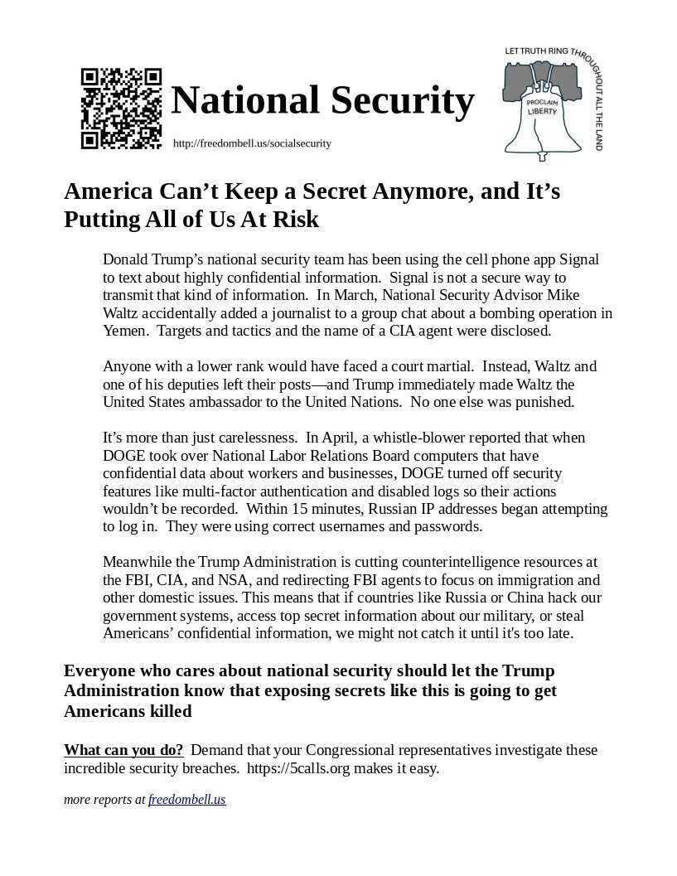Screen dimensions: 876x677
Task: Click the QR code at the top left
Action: (121, 109)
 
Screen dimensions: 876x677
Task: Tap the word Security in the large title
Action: (403, 100)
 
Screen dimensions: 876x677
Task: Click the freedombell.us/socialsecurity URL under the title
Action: (252, 143)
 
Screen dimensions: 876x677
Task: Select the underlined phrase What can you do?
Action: (123, 751)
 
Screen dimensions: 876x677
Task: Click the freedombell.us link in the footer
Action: (187, 800)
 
